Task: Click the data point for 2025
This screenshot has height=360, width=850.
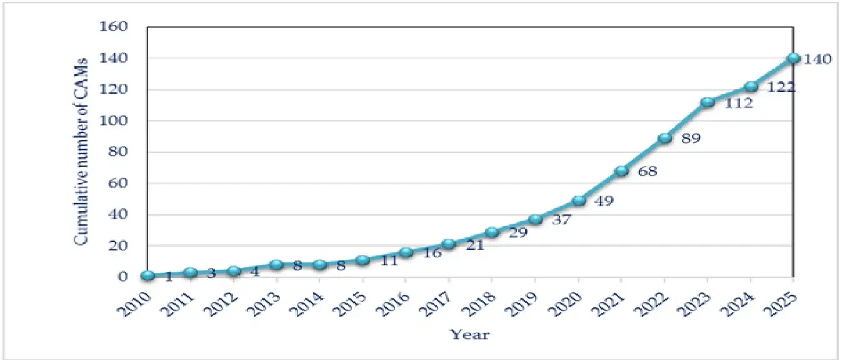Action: tap(794, 58)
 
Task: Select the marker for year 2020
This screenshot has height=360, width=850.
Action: tap(579, 201)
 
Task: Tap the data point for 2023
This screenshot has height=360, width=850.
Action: tap(707, 102)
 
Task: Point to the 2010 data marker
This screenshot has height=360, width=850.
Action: tap(147, 276)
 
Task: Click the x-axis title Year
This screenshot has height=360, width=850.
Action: tap(470, 335)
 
